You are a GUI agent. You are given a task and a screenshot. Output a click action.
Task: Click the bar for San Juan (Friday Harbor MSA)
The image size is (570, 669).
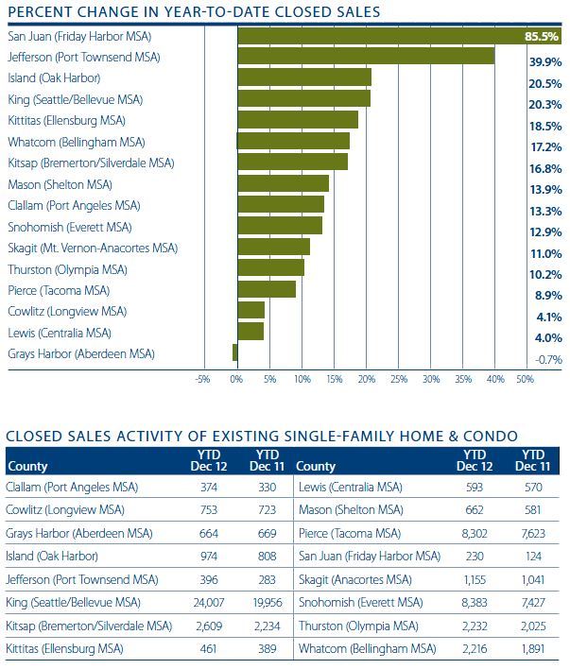point(378,36)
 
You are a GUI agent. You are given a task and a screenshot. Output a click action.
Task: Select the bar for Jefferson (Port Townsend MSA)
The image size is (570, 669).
point(366,57)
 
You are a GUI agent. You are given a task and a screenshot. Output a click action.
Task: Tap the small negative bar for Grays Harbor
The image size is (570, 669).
point(234,352)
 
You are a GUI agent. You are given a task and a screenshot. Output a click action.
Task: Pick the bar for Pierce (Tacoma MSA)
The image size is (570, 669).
point(267,289)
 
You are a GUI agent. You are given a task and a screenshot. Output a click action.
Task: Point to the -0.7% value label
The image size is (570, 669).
point(547,359)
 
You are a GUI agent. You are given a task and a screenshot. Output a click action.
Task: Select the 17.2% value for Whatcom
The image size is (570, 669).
point(546,147)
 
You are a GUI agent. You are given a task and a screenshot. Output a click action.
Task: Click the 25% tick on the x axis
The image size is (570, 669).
point(398,379)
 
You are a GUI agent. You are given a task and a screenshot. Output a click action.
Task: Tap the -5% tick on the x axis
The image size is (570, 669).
point(202,379)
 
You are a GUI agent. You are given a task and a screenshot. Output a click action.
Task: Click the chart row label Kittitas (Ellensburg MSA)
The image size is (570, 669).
point(66,121)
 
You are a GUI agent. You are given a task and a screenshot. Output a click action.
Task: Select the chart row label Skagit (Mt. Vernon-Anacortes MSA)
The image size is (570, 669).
point(92,248)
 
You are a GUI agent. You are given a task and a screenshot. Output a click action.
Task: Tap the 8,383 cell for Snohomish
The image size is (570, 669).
point(477,602)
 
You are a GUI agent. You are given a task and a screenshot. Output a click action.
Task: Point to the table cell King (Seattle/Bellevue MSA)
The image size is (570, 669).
point(74,602)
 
